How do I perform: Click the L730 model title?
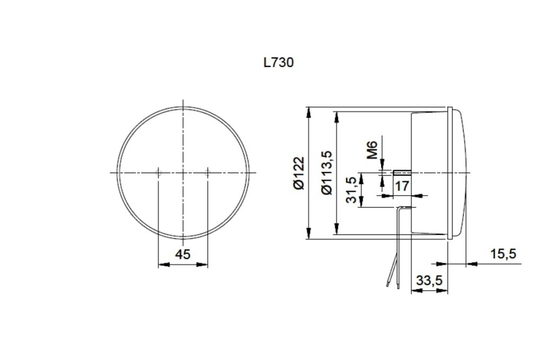[x=278, y=63]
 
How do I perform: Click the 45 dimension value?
[x=183, y=255]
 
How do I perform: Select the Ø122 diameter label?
[x=298, y=173]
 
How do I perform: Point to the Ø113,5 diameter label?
[x=327, y=173]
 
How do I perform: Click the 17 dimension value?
[x=402, y=186]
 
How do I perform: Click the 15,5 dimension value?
[x=503, y=254]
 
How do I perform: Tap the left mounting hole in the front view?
[x=158, y=173]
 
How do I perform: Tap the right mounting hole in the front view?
[x=207, y=173]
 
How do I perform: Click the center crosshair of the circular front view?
[x=183, y=173]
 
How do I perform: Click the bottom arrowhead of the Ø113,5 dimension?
[x=336, y=229]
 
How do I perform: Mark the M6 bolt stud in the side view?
[x=402, y=172]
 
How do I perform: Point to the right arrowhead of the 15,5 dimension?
[x=472, y=264]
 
